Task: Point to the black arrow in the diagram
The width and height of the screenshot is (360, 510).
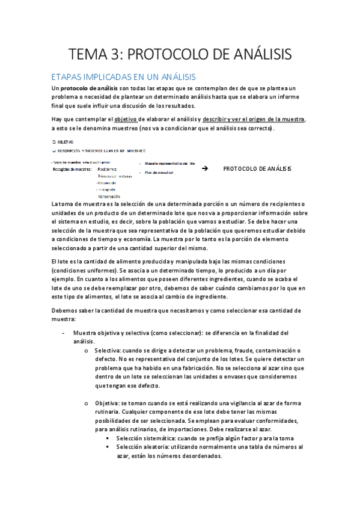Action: click(x=205, y=169)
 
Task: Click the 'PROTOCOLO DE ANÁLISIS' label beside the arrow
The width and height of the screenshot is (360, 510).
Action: click(x=257, y=169)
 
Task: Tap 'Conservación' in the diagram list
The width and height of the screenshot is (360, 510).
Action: click(x=109, y=196)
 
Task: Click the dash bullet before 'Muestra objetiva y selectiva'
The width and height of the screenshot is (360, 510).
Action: click(x=63, y=333)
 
